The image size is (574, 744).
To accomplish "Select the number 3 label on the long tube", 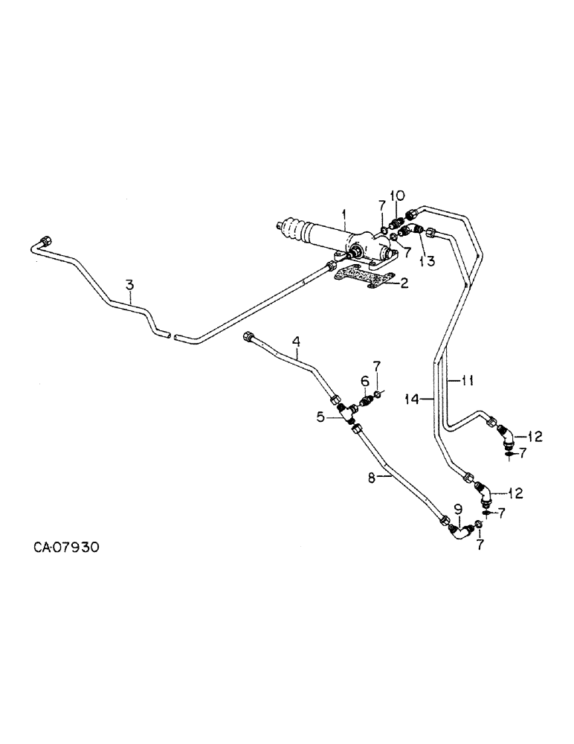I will pyautogui.click(x=129, y=284).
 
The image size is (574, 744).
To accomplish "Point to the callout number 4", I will pyautogui.click(x=296, y=341).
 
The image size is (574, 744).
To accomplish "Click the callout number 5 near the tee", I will pyautogui.click(x=320, y=417).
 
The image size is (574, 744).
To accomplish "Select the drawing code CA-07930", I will pyautogui.click(x=66, y=548).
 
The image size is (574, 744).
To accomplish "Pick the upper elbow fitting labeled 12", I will pyautogui.click(x=506, y=436).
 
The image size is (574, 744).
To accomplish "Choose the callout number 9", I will pyautogui.click(x=458, y=509).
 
